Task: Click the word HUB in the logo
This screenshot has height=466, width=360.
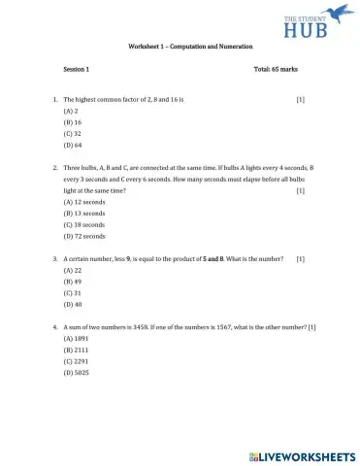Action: [299, 27]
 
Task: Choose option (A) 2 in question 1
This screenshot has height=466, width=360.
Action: [70, 113]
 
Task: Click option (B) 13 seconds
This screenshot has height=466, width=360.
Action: [83, 214]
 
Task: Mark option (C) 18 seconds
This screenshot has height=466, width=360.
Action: [83, 224]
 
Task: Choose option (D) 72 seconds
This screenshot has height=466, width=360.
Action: [83, 236]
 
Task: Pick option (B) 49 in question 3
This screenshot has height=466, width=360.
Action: [72, 282]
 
